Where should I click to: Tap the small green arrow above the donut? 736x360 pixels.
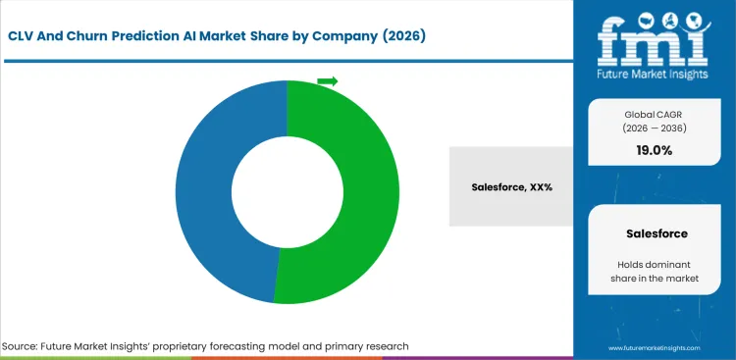(327, 81)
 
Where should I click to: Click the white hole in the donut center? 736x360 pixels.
(287, 191)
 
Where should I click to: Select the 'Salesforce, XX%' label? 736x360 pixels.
(511, 186)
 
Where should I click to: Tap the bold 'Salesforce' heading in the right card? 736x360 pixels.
(655, 234)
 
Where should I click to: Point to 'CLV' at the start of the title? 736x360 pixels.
(27, 36)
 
